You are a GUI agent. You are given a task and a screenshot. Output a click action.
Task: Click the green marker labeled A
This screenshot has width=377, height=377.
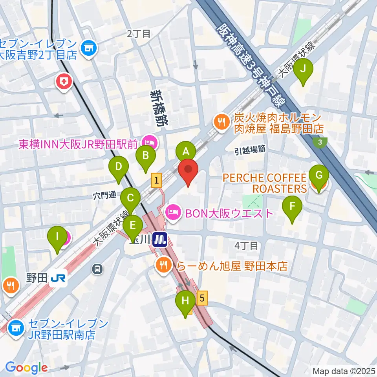point(186,151)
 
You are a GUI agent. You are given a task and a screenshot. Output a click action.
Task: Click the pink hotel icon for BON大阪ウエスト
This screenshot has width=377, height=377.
point(173,213)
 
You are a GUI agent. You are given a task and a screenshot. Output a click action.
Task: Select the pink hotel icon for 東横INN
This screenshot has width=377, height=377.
point(149,141)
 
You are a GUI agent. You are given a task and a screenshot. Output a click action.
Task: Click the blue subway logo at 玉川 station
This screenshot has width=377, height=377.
point(159,239)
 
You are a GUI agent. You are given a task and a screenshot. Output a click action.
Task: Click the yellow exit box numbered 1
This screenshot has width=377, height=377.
point(156,180)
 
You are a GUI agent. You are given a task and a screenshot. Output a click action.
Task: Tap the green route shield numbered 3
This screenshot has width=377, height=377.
point(321,142)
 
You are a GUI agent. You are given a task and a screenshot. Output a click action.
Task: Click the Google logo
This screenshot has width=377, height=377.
point(27,368)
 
